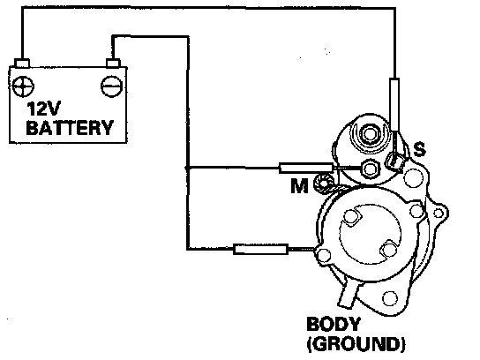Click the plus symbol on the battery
click(x=23, y=86)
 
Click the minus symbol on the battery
click(x=112, y=86)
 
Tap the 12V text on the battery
click(x=44, y=109)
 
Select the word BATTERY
click(x=70, y=128)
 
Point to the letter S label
click(x=419, y=149)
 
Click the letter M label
click(x=299, y=185)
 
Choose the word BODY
click(x=334, y=325)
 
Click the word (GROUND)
click(x=356, y=344)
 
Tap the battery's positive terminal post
click(x=22, y=63)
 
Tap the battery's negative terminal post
click(x=113, y=63)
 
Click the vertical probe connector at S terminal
click(x=394, y=104)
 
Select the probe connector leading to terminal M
click(x=306, y=169)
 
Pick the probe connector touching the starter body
click(x=260, y=249)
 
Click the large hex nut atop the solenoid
click(x=369, y=134)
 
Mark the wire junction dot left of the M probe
click(x=186, y=168)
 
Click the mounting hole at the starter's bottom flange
click(x=390, y=298)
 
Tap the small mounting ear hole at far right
click(x=439, y=213)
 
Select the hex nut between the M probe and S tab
click(x=370, y=169)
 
